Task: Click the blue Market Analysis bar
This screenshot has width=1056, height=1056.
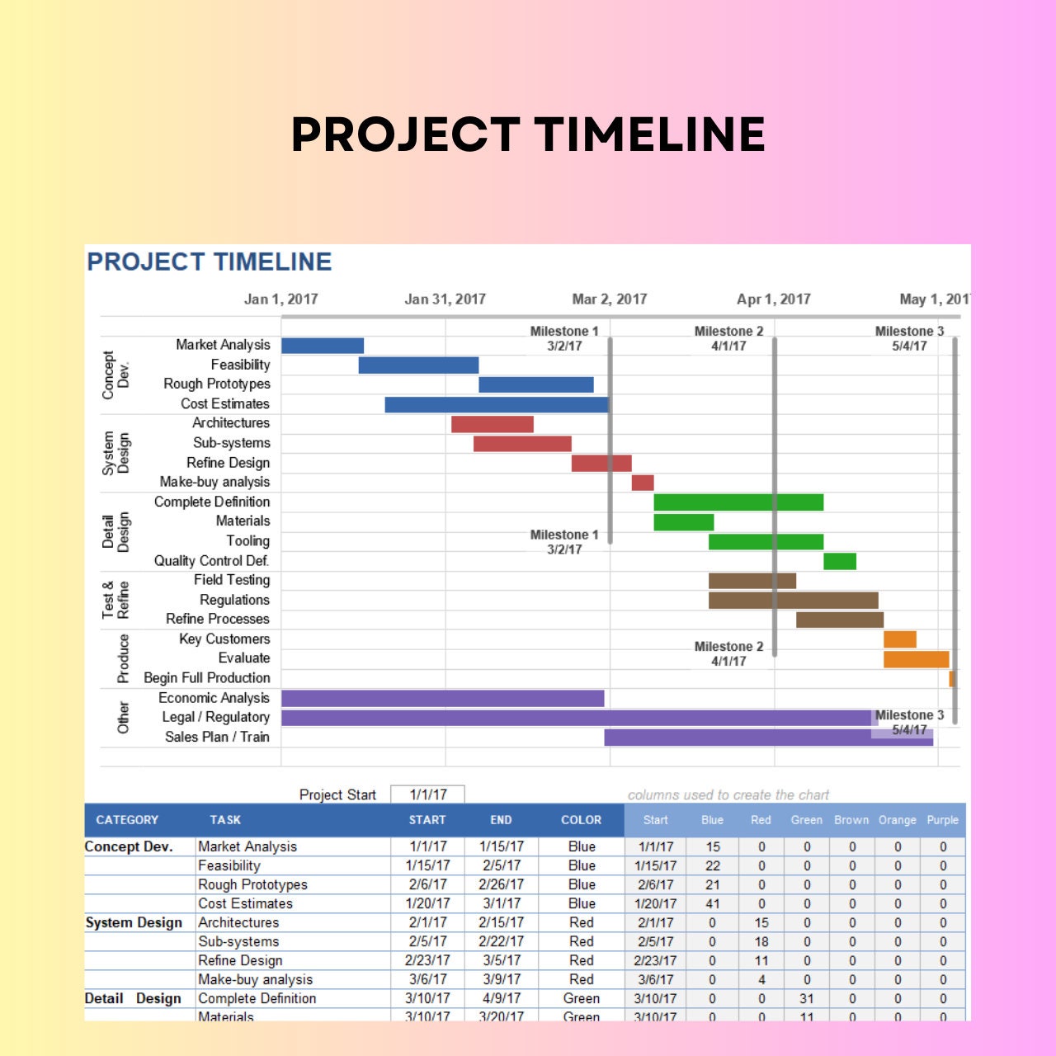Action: point(323,346)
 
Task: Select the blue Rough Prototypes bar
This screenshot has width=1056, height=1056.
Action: point(535,384)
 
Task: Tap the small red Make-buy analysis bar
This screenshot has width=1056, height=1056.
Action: point(643,483)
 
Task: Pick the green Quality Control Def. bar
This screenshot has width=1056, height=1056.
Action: point(840,562)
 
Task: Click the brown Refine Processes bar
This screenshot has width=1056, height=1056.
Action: point(840,620)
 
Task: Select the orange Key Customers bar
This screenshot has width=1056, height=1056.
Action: point(900,639)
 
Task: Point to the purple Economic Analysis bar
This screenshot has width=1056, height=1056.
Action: point(442,699)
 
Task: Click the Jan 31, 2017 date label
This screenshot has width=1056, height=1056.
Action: point(445,299)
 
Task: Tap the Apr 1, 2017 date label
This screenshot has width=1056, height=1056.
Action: point(774,299)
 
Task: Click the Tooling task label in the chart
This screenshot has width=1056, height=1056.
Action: point(248,541)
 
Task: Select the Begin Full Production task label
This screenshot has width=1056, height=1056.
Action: point(207,678)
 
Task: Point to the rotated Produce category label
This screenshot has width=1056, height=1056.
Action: point(123,658)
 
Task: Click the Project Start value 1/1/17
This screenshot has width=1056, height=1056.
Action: point(428,794)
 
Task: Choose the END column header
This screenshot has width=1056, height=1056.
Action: point(501,820)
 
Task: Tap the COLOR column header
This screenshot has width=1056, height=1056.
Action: point(581,820)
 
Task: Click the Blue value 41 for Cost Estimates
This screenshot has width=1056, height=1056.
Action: point(713,904)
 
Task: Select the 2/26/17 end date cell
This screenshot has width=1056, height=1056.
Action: point(501,884)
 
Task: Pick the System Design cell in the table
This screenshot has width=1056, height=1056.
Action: point(134,923)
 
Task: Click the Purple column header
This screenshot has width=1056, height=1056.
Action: point(942,820)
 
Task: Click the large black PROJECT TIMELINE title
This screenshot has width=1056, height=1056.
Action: point(528,134)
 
